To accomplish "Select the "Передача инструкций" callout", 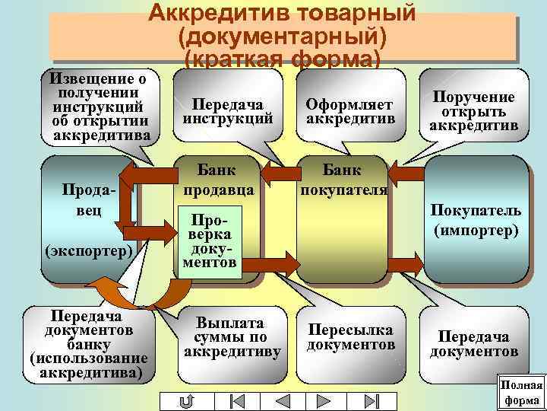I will tap(227, 111).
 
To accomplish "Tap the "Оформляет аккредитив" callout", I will tap(349, 111).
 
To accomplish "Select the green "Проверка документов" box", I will tap(210, 239).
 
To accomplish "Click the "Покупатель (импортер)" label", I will tap(476, 220).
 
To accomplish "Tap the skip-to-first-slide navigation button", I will tap(236, 400).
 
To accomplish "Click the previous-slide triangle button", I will tap(280, 400).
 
